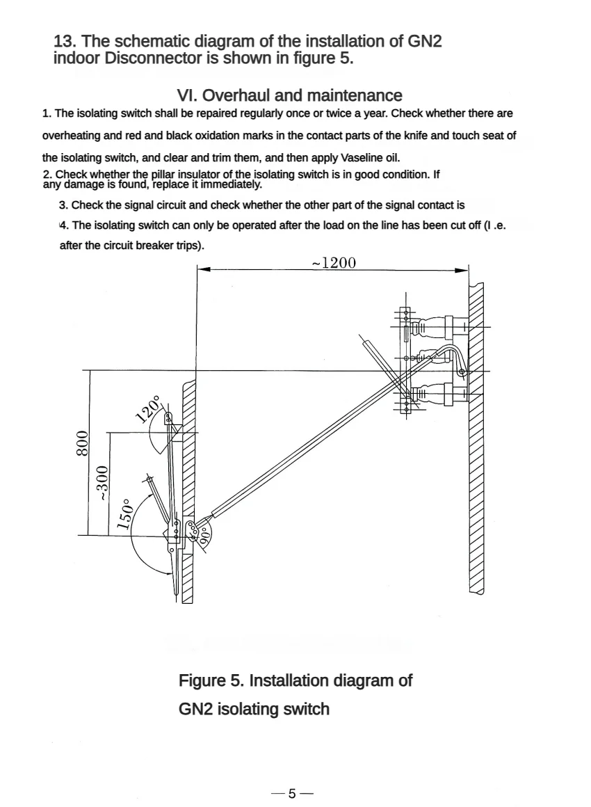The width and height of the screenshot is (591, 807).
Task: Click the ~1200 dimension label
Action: [x=334, y=262]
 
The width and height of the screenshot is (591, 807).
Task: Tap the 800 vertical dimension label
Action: [x=81, y=442]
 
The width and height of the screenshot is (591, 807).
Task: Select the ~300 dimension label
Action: [x=103, y=483]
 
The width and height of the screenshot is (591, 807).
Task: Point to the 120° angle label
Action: [x=148, y=410]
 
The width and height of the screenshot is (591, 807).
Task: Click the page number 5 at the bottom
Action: [x=292, y=794]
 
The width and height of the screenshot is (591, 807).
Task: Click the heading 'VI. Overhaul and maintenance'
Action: [x=290, y=95]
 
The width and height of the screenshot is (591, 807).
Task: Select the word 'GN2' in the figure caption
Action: [x=196, y=710]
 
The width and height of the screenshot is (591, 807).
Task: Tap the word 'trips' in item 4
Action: [x=185, y=246]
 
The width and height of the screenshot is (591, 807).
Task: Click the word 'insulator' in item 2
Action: [x=197, y=174]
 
